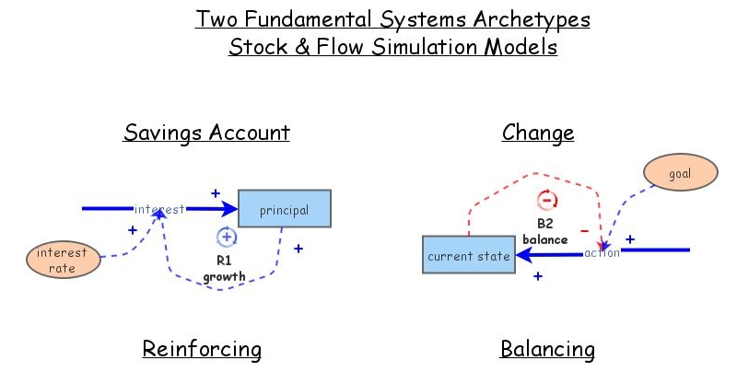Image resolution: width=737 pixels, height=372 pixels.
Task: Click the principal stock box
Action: pos(284,209)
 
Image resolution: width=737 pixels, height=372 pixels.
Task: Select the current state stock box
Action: pos(468,255)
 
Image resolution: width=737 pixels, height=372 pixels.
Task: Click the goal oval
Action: pos(680,174)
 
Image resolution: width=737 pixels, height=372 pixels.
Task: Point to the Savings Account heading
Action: pos(206,133)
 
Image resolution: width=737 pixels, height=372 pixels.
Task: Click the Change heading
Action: pos(538,133)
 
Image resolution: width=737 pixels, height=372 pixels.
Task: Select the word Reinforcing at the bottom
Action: pos(202,350)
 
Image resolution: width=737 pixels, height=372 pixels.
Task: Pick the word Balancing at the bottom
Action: pos(547,350)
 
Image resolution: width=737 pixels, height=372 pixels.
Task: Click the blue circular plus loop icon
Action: pos(226,237)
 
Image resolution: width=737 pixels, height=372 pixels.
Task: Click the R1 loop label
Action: pos(225,261)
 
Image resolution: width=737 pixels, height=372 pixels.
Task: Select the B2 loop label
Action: pos(544,223)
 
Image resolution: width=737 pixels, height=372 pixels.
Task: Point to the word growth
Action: pos(225,275)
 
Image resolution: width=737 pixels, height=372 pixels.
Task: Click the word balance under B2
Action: pos(544,238)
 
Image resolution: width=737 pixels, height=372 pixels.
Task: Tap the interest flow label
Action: pos(160,209)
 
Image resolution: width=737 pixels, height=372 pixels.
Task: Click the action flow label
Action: pos(602,253)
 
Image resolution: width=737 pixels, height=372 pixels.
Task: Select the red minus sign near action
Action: pos(583,230)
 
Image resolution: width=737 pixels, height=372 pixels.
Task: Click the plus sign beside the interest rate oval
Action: pos(132,230)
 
